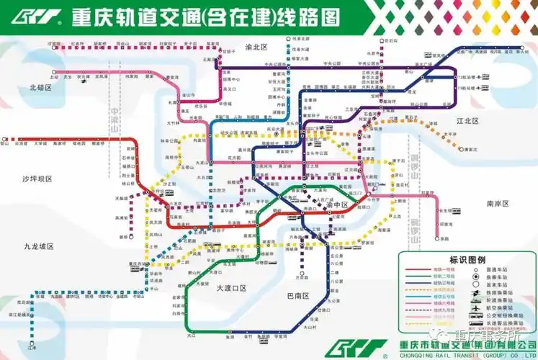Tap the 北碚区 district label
(x=42, y=87)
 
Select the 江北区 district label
(x=467, y=121)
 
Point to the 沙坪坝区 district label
(x=37, y=177)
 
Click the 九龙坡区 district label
(x=39, y=246)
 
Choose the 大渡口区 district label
(x=232, y=287)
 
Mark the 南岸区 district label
(x=497, y=204)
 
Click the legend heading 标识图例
(x=467, y=259)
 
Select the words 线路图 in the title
(x=309, y=17)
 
